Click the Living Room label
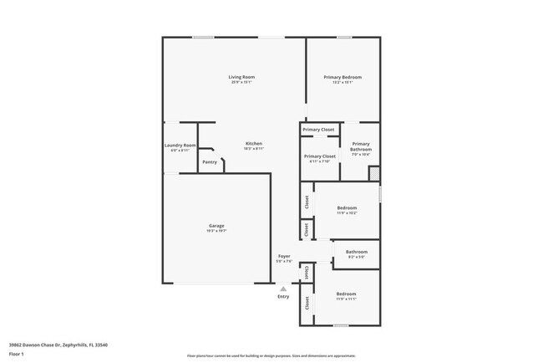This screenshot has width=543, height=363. (241, 77)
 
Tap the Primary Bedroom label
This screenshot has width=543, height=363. (343, 77)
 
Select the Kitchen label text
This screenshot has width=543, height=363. (253, 143)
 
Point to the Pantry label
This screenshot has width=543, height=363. (210, 161)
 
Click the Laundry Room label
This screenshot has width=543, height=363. (180, 146)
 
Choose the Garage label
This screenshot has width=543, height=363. (216, 225)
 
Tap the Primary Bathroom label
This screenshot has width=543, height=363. (361, 146)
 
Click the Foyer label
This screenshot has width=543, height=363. (284, 256)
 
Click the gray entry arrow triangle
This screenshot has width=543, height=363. (283, 289)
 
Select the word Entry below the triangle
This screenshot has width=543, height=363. (283, 297)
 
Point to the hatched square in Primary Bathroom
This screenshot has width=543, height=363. (374, 172)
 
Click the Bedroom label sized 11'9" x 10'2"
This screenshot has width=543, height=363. (347, 207)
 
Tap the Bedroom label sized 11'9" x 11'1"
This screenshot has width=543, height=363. (347, 294)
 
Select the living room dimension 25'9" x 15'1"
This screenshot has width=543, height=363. (241, 82)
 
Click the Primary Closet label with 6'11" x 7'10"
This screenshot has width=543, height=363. (319, 156)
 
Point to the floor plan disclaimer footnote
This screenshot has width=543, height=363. (271, 355)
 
